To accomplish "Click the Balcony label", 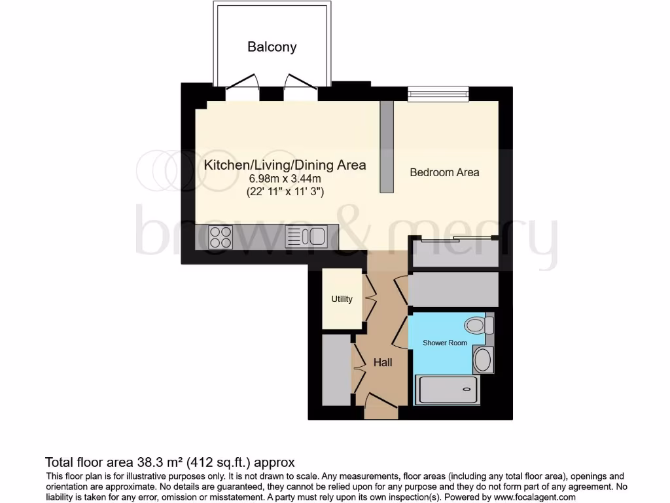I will tap(272, 47).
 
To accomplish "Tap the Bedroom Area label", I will tap(444, 172).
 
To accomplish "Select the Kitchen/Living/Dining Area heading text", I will tap(285, 165).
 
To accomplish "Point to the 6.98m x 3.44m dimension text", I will tap(285, 179).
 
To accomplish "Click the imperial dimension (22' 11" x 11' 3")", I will tap(285, 192).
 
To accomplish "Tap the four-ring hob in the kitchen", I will tap(220, 236).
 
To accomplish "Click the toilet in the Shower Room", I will tap(477, 324).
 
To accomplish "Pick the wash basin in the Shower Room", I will tap(483, 360).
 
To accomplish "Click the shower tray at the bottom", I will tap(448, 390).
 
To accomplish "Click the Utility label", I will tap(342, 299).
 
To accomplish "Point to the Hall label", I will tap(383, 362).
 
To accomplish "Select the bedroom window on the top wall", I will tap(438, 94).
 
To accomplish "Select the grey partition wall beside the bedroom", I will tap(387, 147).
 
